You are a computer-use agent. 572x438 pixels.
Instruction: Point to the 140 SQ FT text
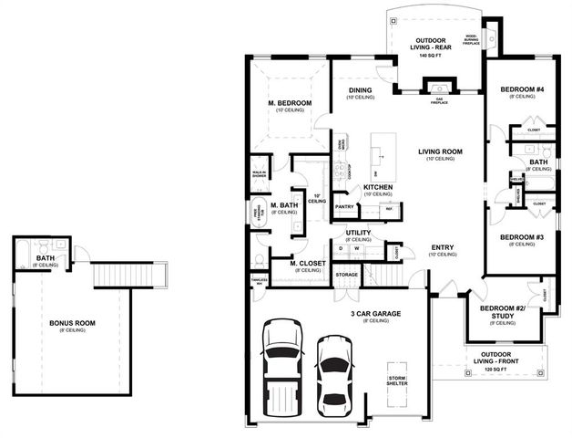click(x=430, y=57)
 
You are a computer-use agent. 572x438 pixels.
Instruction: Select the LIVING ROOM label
click(x=440, y=152)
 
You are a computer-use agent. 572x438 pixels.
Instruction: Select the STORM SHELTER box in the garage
click(x=396, y=381)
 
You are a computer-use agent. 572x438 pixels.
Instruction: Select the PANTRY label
click(x=344, y=206)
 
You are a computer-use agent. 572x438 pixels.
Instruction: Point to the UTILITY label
click(x=358, y=233)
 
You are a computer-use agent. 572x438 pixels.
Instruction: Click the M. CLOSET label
click(x=308, y=265)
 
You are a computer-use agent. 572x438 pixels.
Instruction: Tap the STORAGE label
click(x=346, y=273)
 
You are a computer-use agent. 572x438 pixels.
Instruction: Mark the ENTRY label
click(x=443, y=247)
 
